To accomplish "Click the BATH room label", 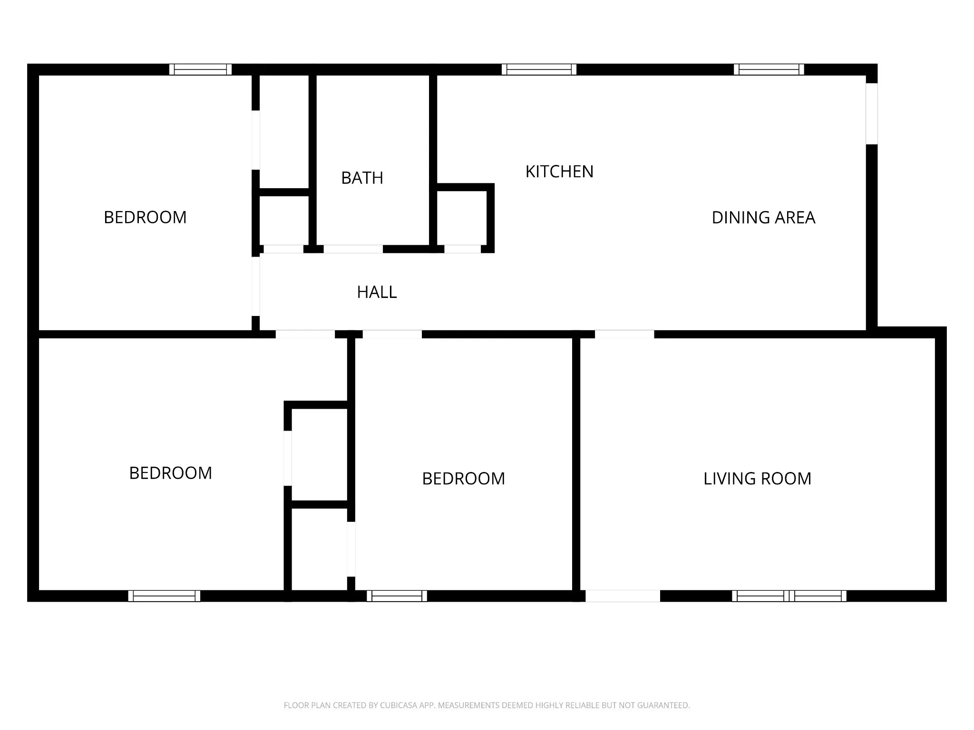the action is point(362,178).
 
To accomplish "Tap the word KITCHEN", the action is point(559,172).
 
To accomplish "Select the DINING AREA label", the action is point(763,218).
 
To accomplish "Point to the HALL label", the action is point(377,292).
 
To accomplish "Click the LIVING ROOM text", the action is point(757,479).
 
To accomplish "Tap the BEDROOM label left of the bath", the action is point(145,217).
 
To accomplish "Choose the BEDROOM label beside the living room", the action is point(463,479).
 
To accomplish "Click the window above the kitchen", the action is point(539,69).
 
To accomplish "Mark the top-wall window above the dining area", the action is point(769,69).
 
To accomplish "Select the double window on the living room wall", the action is point(789,596).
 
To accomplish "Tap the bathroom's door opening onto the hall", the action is point(353,249).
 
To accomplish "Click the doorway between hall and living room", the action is point(624,334).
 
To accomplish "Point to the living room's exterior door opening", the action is point(623,596).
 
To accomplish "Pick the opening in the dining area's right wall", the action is point(871,114).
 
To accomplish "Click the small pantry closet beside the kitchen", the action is point(461,218).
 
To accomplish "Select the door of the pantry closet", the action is point(462,249).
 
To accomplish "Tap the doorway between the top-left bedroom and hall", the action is point(256,286).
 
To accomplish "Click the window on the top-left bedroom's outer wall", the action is point(201,69).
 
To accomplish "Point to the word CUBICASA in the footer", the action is point(399,705).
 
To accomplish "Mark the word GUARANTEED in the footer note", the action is point(663,705).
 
